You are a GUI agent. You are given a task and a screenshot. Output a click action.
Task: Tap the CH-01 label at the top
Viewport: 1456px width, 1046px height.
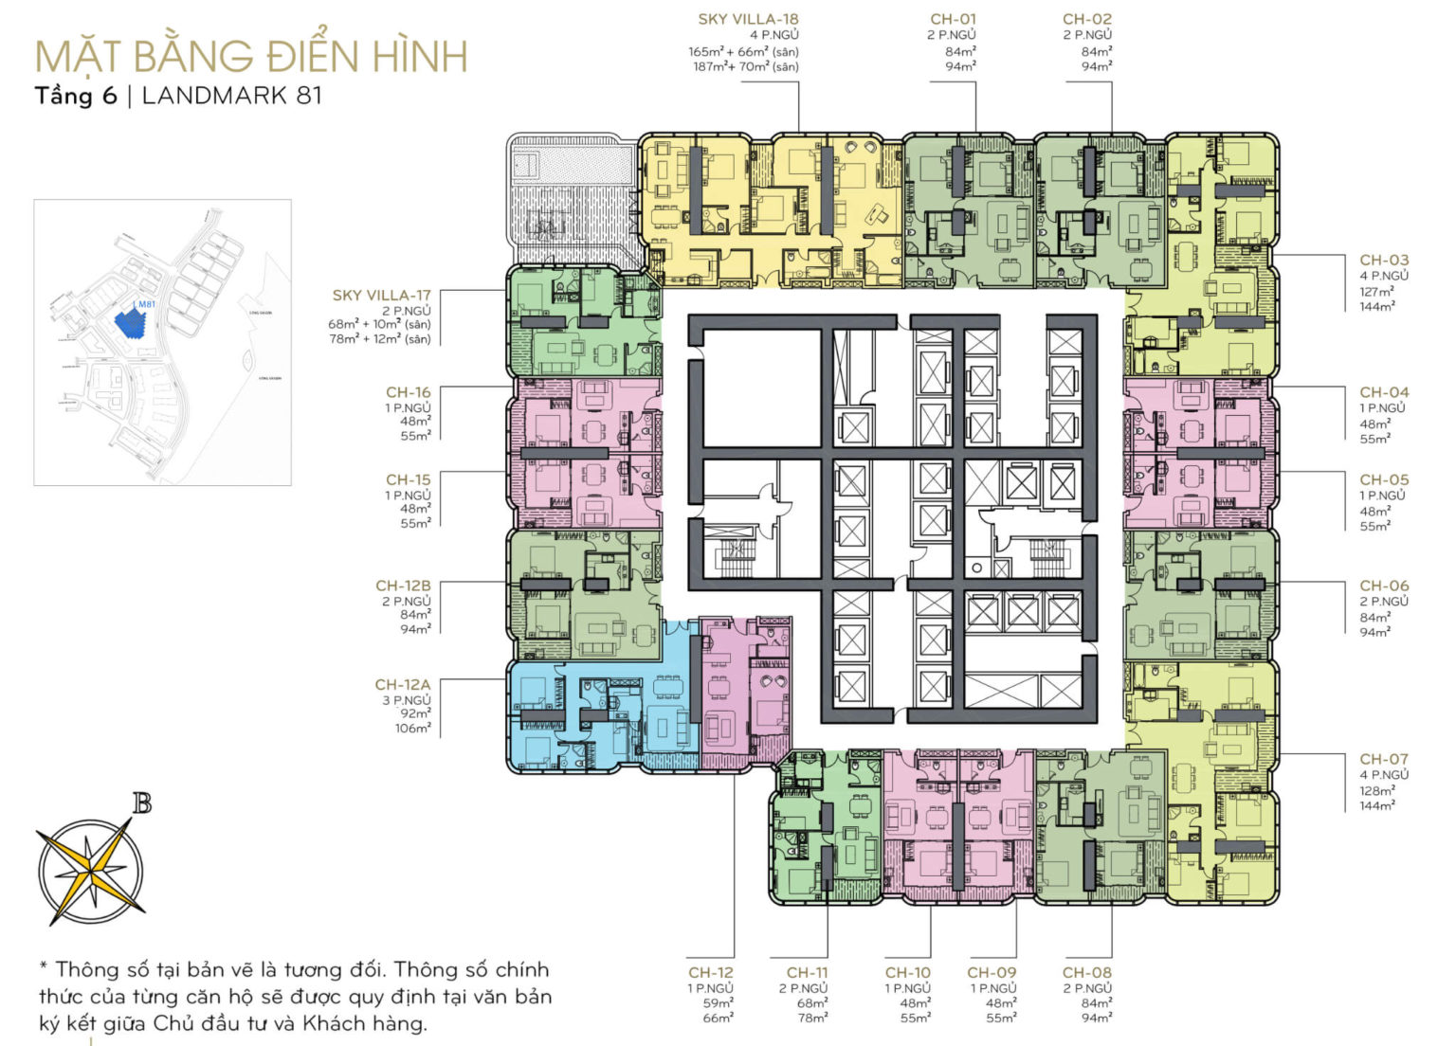[953, 19]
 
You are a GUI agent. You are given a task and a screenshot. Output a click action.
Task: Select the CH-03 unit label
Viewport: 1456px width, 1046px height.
[1383, 260]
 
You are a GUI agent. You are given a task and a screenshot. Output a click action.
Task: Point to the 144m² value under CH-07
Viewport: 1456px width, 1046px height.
[1376, 805]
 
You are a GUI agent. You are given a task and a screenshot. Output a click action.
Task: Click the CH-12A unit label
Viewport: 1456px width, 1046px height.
[402, 684]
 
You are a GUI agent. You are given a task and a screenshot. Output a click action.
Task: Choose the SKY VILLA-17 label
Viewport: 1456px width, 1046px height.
[381, 296]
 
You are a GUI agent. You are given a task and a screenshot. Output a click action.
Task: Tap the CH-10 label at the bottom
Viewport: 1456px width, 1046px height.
[907, 972]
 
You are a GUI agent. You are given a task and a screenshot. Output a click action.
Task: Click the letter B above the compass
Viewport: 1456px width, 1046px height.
[142, 804]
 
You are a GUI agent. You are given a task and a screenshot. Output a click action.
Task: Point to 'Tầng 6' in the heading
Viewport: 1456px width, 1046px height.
[76, 96]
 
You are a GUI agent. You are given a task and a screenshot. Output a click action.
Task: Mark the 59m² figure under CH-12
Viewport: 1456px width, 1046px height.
[719, 1003]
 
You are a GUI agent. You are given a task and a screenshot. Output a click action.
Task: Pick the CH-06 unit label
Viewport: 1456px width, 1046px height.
[1383, 586]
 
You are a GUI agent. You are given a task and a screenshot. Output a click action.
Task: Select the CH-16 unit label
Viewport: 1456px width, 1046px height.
[408, 392]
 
